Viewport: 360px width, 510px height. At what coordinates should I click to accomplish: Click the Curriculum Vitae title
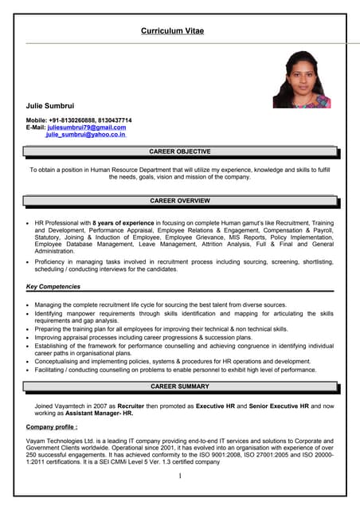tap(172, 30)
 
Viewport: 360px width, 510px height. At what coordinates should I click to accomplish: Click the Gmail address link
tap(87, 127)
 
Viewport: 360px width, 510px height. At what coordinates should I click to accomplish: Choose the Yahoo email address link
tap(85, 135)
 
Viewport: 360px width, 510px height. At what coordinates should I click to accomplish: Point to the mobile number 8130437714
tap(114, 120)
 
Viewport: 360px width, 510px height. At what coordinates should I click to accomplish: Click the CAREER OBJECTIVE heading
tap(180, 151)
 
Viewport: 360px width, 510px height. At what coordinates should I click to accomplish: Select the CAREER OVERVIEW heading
tap(180, 201)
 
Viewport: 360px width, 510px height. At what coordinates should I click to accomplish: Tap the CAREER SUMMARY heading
tap(180, 386)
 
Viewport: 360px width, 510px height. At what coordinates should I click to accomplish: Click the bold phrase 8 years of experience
tap(123, 223)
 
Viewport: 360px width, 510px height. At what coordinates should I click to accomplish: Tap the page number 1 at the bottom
tap(180, 477)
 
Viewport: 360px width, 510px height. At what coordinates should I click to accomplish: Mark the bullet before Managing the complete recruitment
tap(27, 305)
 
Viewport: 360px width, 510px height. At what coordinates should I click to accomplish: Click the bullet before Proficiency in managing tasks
tap(27, 262)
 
